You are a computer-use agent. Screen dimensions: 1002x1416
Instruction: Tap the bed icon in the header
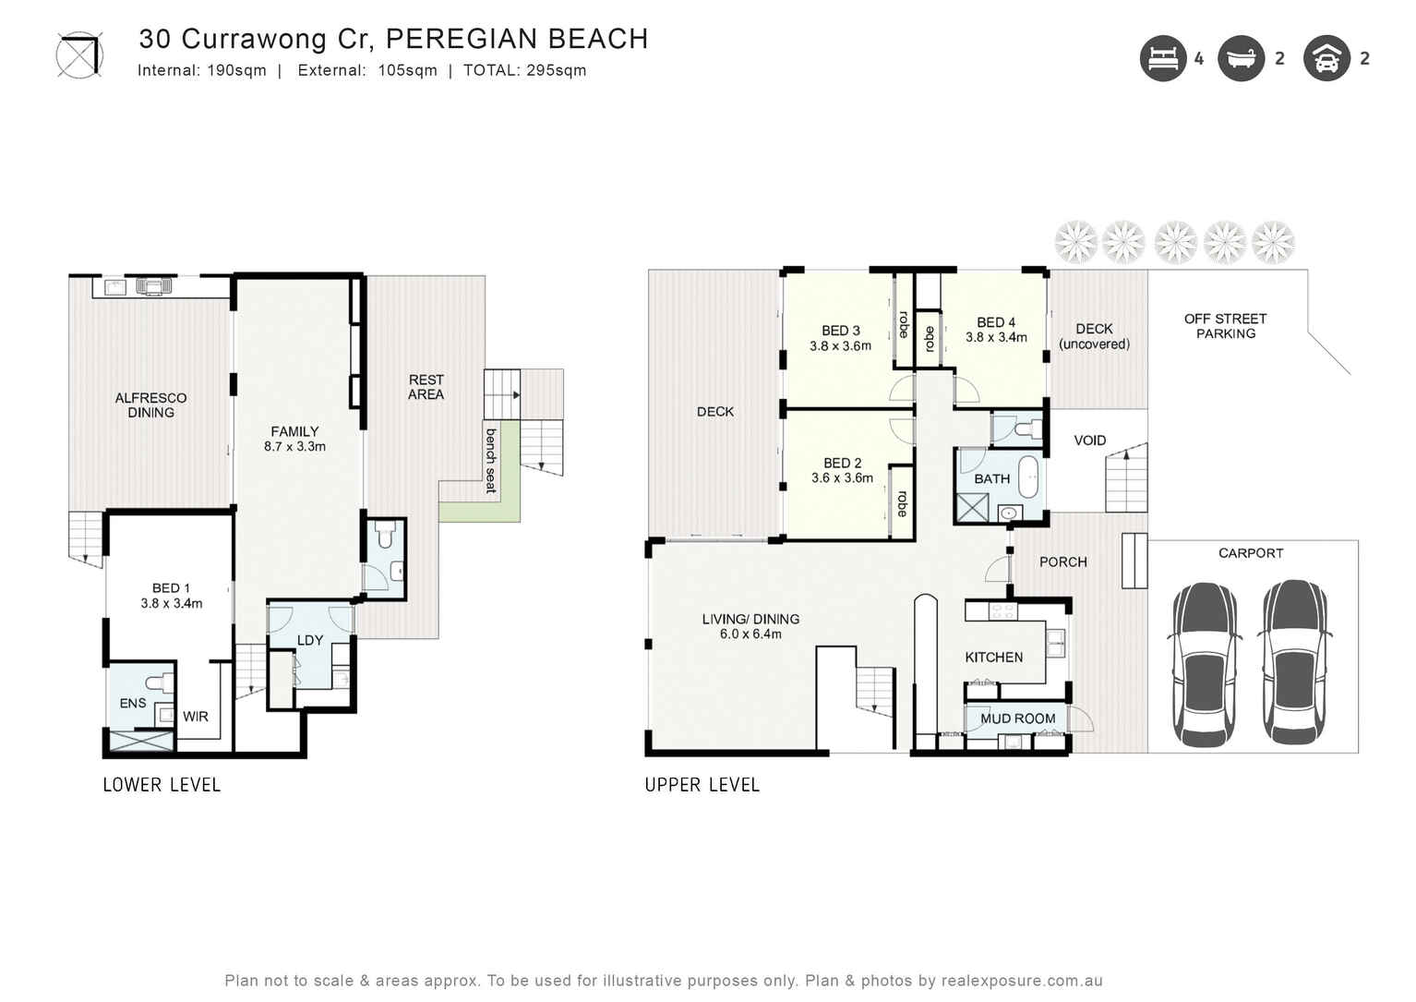(x=1162, y=59)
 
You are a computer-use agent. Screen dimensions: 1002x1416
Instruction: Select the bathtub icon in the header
(x=1241, y=59)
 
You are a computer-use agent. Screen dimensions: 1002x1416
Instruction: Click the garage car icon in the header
(x=1326, y=59)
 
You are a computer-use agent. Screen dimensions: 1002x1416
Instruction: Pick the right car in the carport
(x=1294, y=662)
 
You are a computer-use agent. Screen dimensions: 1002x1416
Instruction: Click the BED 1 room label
(x=171, y=596)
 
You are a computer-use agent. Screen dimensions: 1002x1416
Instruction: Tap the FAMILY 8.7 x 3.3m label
(x=294, y=439)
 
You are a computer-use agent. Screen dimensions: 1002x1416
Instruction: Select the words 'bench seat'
(x=491, y=460)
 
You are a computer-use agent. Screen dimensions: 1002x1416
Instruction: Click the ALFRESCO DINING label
(x=150, y=405)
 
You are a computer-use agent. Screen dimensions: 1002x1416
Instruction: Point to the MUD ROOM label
(x=1017, y=718)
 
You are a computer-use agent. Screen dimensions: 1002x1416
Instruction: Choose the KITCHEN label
(x=993, y=658)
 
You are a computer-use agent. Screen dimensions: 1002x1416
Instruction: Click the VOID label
(x=1089, y=441)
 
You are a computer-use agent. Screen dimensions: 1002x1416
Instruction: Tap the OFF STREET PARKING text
(x=1225, y=326)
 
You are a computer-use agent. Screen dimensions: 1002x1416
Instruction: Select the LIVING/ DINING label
(x=750, y=626)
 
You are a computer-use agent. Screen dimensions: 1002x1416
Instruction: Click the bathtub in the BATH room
(x=1027, y=477)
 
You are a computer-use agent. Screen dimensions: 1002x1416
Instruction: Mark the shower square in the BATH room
(x=972, y=509)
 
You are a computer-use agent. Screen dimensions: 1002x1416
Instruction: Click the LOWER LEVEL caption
(x=162, y=785)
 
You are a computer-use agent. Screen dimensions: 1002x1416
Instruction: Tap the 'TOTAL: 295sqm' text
(x=524, y=71)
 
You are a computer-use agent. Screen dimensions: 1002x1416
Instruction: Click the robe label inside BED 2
(x=902, y=503)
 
